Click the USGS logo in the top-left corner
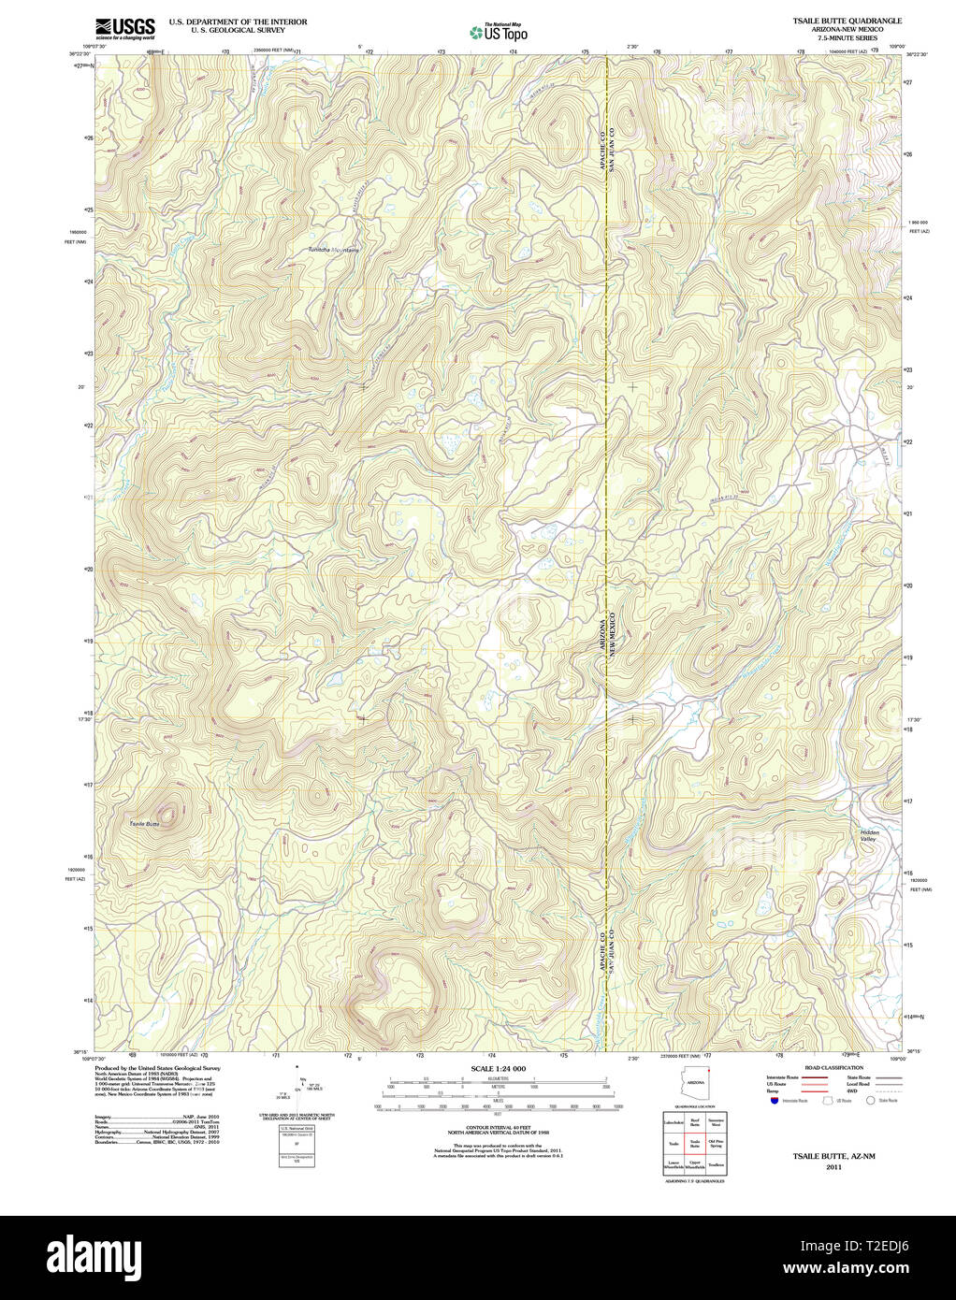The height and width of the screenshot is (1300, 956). tap(124, 28)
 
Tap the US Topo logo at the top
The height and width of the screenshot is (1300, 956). tap(499, 33)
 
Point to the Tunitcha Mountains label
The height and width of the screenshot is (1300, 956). tap(334, 250)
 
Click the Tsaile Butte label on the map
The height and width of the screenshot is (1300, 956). tap(145, 822)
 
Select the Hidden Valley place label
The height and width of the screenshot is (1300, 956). tap(870, 836)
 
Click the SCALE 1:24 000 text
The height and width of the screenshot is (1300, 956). tap(498, 1068)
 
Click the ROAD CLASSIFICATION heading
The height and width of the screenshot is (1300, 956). tap(833, 1067)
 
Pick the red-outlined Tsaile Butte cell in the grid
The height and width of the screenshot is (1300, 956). tap(694, 1143)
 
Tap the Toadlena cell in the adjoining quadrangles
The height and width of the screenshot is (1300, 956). tap(717, 1165)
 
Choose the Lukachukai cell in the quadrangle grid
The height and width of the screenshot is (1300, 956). tap(673, 1120)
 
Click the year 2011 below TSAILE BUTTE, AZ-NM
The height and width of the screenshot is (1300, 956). tap(833, 1167)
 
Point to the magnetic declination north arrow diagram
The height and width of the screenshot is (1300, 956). tap(297, 1085)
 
